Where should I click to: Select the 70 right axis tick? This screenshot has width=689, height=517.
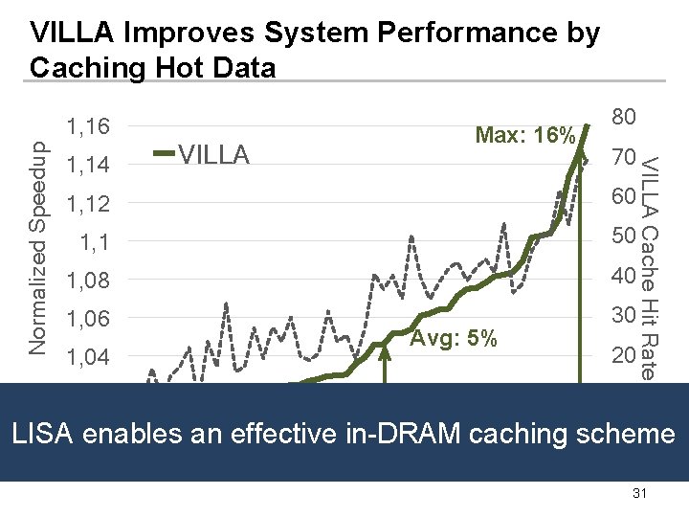624,157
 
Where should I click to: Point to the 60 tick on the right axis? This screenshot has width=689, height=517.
624,196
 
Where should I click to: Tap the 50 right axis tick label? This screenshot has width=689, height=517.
624,236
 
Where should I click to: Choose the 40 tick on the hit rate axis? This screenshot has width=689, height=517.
624,276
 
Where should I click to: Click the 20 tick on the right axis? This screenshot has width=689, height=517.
624,355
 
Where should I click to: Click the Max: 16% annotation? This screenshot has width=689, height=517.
525,134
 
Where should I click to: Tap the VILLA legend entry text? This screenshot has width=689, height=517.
214,155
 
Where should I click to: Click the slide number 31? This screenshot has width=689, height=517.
639,493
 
